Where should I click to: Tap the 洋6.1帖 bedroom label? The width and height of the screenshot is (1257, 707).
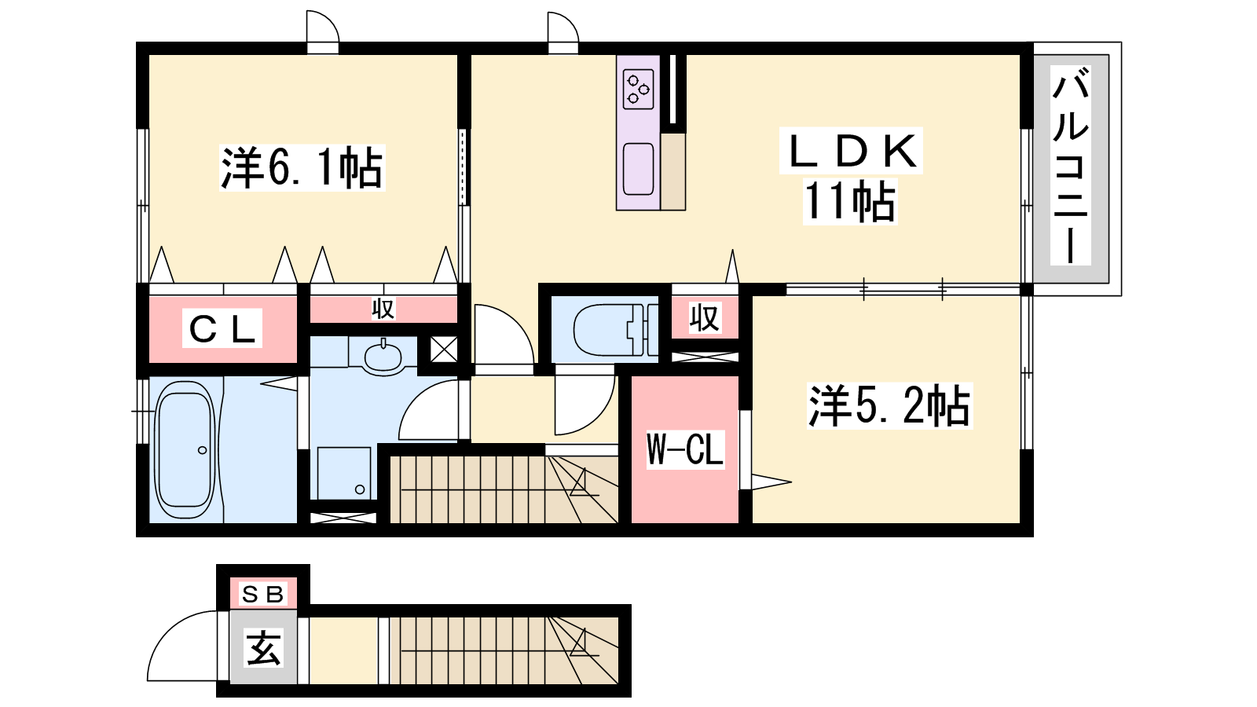coord(302,167)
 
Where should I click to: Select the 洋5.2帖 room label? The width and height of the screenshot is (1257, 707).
coord(889,405)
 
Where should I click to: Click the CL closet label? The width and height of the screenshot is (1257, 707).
coord(223,328)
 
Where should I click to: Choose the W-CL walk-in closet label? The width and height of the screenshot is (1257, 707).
coord(684,449)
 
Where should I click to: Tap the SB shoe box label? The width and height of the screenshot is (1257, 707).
coord(262,594)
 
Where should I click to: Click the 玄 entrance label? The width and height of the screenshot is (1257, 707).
coord(263,648)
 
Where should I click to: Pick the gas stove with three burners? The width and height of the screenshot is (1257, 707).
coord(639,90)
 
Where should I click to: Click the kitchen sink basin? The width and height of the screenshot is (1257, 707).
coord(639,169)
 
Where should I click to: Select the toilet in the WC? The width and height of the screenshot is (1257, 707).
coord(615,330)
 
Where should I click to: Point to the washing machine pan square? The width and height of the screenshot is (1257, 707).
coord(343,472)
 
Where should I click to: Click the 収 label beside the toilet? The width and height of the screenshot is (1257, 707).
coord(705,317)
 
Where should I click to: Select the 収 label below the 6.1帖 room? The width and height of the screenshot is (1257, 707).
coord(383,309)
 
